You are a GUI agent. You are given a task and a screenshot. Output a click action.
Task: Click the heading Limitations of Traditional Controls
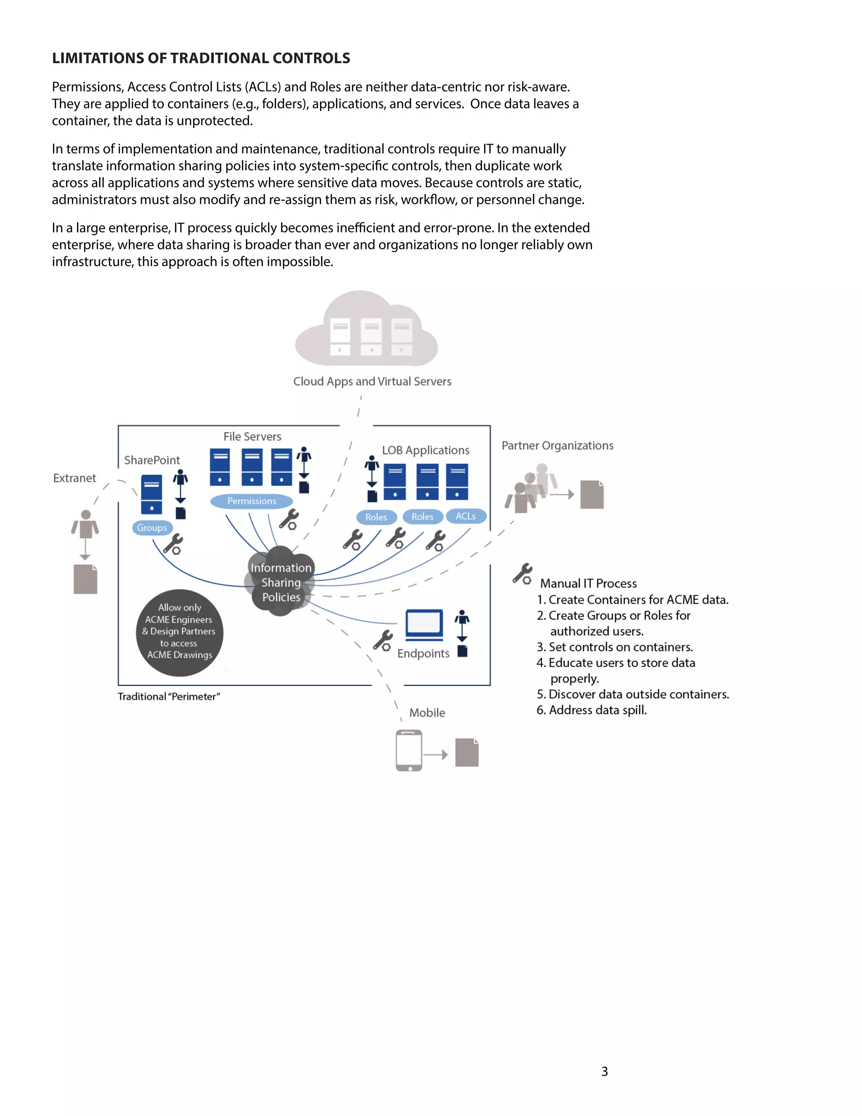point(201,58)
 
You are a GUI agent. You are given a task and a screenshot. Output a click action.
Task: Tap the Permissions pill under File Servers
point(251,501)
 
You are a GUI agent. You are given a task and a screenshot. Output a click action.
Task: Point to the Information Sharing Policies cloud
point(281,582)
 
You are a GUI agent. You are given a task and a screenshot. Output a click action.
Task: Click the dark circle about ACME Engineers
point(179,632)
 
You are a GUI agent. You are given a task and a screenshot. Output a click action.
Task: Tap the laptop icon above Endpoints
point(424,625)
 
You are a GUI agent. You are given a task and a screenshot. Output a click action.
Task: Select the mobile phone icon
point(409,750)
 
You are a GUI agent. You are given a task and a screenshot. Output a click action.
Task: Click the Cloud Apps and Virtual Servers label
point(372,381)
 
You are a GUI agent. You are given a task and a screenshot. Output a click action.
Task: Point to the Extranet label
point(74,478)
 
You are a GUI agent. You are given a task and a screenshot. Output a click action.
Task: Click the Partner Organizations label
point(557,446)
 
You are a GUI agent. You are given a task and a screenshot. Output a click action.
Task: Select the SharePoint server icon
point(152,494)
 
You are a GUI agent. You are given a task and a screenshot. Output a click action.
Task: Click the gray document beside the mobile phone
point(467,752)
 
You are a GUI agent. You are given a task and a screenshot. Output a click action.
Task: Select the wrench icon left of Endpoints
point(383,640)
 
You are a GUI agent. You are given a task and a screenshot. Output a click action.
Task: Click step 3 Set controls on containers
point(615,647)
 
